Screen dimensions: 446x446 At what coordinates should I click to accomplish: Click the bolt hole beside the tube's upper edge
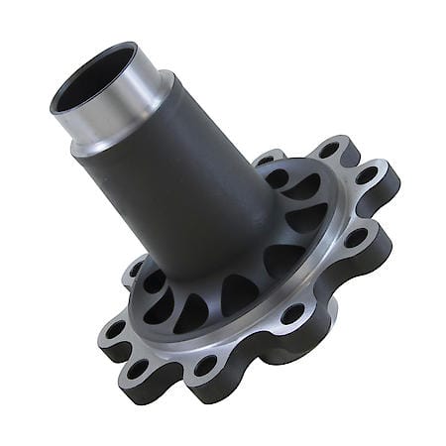(268, 159)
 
